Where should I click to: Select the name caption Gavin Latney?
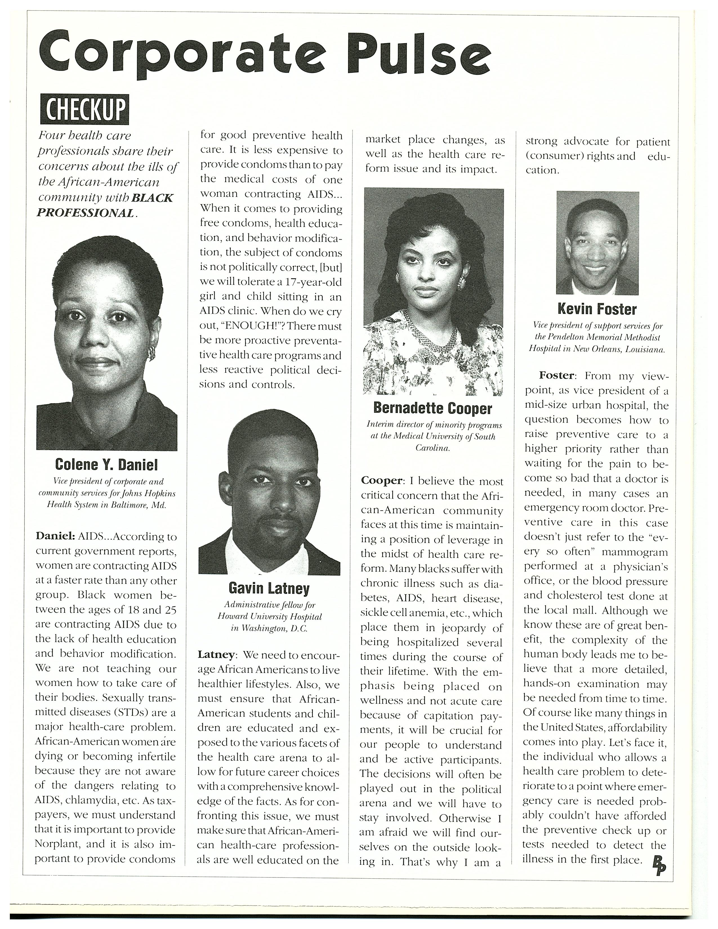pyautogui.click(x=269, y=589)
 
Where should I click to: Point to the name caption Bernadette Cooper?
pyautogui.click(x=432, y=408)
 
